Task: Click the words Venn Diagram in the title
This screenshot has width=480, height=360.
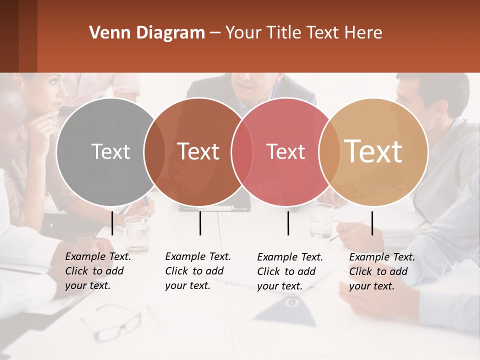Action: [x=147, y=33]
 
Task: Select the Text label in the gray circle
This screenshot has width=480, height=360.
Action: [x=110, y=151]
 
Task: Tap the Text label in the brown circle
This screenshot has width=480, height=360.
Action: [x=198, y=151]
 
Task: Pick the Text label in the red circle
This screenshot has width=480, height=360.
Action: [x=285, y=151]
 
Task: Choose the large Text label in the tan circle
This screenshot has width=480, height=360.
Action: [x=373, y=151]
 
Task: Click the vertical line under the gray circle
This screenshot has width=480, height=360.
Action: [x=112, y=223]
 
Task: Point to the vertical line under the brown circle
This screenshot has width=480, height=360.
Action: [x=200, y=223]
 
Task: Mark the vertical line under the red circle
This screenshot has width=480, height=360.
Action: [x=288, y=223]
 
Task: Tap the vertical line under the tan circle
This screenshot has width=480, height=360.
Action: [x=372, y=223]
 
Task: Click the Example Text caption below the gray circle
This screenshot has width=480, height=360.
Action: [x=97, y=271]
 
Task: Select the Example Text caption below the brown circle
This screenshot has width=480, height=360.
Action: [x=197, y=271]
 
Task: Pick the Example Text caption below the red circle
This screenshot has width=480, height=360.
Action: [x=289, y=271]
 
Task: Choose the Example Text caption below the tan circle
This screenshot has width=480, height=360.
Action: [x=381, y=271]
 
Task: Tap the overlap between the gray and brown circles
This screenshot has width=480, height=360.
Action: [x=154, y=151]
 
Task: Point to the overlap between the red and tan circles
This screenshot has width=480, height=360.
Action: [x=329, y=151]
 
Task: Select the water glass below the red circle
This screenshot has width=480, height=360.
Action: [x=321, y=220]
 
